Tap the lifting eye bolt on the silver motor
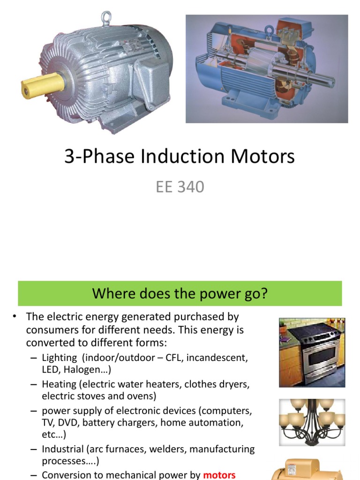coord(106,18)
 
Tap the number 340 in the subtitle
coord(190,187)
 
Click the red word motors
coord(219,475)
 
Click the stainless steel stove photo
coord(312,352)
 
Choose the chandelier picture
coord(312,422)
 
